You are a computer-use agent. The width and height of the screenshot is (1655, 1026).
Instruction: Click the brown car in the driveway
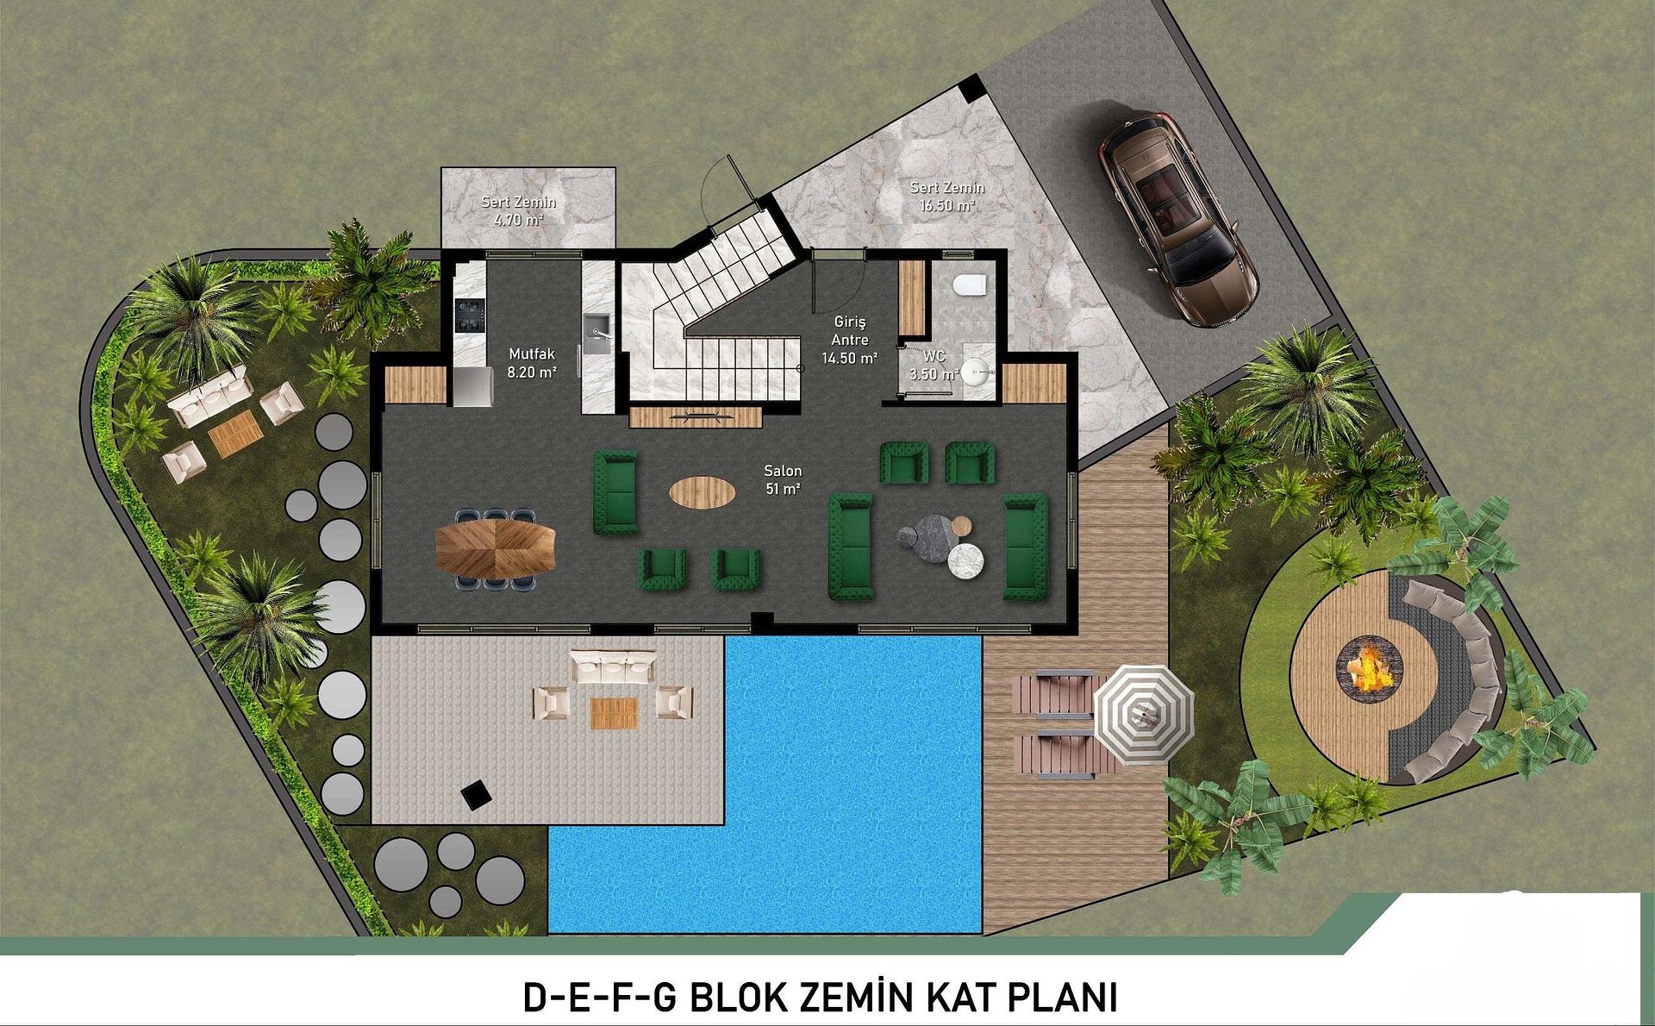pyautogui.click(x=1177, y=218)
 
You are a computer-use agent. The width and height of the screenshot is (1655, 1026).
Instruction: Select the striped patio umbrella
pyautogui.click(x=1144, y=713)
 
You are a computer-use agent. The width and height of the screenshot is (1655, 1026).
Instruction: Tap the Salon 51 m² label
pyautogui.click(x=783, y=479)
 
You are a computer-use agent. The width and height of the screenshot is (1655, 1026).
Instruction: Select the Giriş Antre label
pyautogui.click(x=850, y=340)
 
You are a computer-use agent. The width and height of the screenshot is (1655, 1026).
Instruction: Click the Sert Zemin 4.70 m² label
pyautogui.click(x=518, y=210)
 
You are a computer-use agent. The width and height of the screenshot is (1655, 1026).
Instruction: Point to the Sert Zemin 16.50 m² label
pyautogui.click(x=946, y=196)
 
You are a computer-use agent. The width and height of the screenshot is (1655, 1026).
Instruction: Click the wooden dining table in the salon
pyautogui.click(x=496, y=548)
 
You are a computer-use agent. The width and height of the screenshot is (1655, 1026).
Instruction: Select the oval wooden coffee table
pyautogui.click(x=703, y=492)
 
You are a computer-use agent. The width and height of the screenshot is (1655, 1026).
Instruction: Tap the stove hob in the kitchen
pyautogui.click(x=471, y=314)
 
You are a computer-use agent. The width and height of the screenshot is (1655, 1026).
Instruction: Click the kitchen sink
pyautogui.click(x=596, y=328)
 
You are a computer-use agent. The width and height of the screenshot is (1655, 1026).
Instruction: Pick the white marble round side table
pyautogui.click(x=965, y=561)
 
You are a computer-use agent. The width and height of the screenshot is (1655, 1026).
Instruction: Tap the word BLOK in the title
pyautogui.click(x=738, y=998)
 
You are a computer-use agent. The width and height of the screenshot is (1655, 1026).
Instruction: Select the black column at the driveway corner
pyautogui.click(x=971, y=88)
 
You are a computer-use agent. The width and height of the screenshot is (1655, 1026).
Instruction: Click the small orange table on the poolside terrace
pyautogui.click(x=614, y=713)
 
